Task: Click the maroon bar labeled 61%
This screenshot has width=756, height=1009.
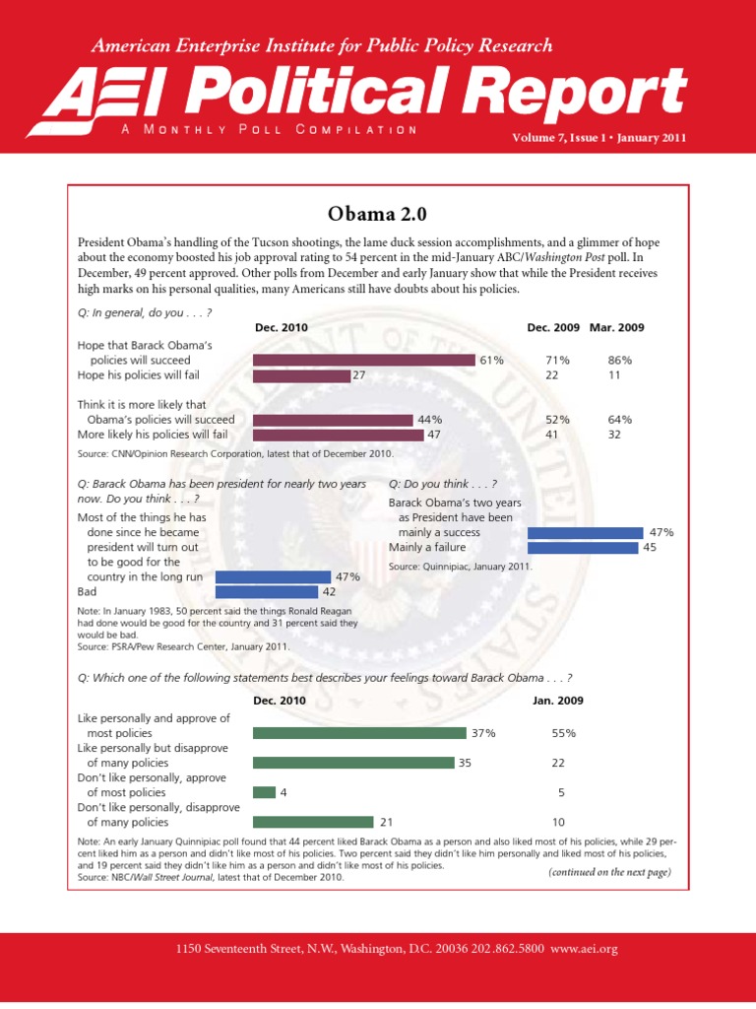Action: point(364,361)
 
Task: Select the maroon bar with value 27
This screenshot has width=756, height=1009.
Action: point(301,375)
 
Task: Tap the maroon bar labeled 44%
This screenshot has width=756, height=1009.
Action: point(333,420)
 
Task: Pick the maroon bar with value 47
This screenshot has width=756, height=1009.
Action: point(338,435)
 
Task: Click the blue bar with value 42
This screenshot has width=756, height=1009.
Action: point(266,592)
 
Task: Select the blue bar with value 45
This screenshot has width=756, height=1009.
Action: point(583,547)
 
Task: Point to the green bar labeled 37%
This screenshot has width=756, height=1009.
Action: point(359,733)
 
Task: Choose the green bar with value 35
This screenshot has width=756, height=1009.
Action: point(353,763)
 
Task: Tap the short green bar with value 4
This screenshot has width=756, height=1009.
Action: point(264,792)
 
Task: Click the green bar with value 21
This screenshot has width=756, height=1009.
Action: point(313,822)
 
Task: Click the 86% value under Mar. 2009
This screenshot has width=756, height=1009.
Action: point(620,361)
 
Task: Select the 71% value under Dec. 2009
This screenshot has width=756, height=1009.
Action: point(558,361)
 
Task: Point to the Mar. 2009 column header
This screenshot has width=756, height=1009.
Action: point(616,327)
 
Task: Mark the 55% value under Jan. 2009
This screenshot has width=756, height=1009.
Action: point(563,733)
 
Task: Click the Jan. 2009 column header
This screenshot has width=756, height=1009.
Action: point(558,701)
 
